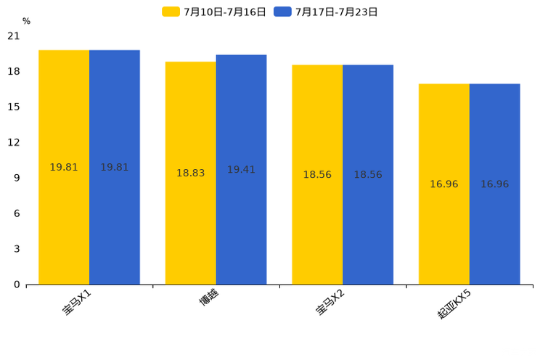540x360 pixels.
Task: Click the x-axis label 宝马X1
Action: tap(76, 302)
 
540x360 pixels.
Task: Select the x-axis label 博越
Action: tap(208, 297)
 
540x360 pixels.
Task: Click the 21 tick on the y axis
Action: tap(14, 36)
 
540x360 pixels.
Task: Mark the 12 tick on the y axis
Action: tap(14, 142)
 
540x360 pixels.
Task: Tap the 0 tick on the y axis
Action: tap(17, 285)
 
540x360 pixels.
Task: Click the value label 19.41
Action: tap(241, 170)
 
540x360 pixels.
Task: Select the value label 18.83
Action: tap(190, 173)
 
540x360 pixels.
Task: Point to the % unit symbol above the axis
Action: tap(26, 22)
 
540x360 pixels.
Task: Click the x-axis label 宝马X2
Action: tap(330, 302)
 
